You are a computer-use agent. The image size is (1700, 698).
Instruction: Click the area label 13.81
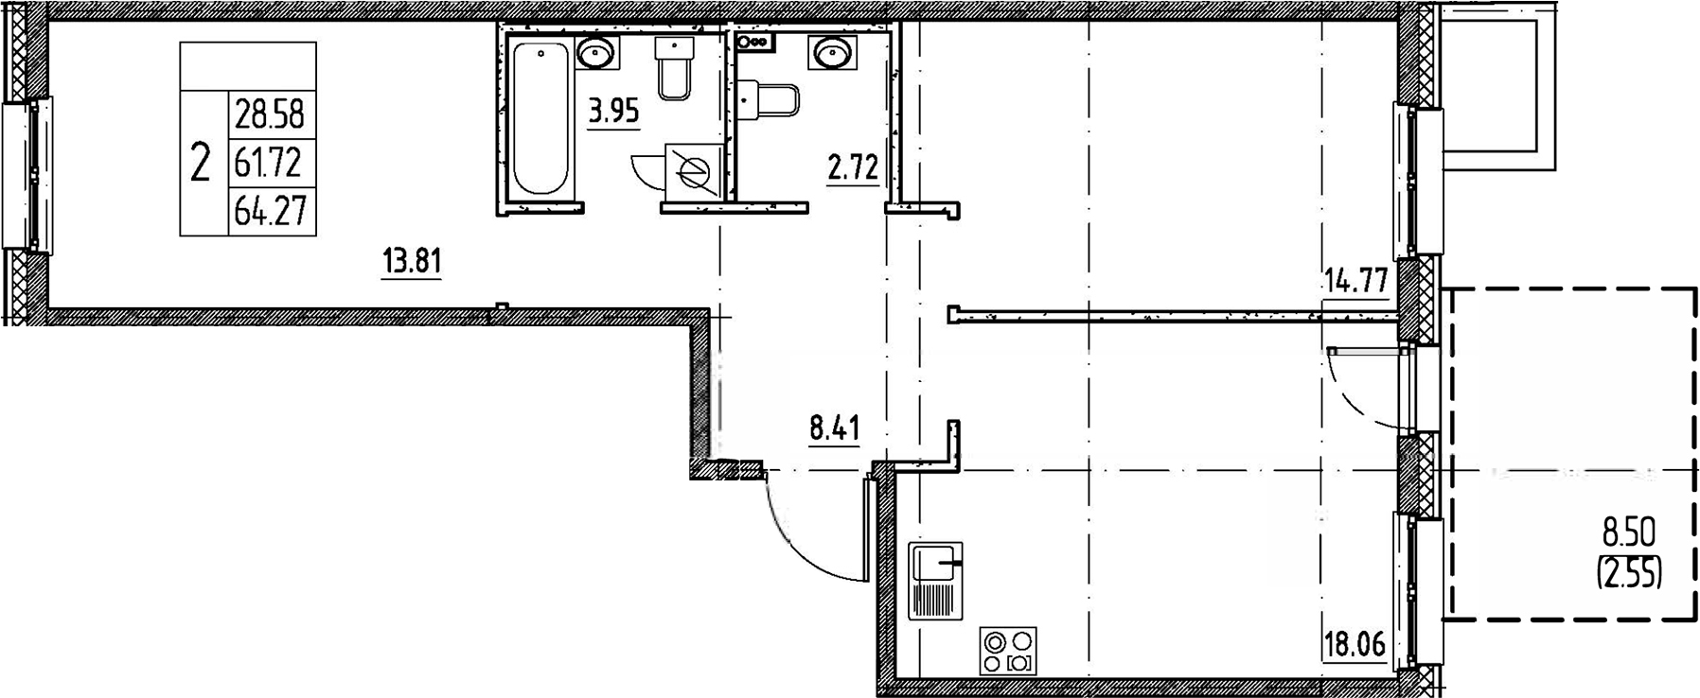point(412,260)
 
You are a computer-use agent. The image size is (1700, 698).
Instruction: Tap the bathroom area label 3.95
point(613,113)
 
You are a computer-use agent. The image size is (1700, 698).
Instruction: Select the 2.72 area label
point(853,169)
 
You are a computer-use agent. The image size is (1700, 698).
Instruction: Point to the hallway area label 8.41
point(834,429)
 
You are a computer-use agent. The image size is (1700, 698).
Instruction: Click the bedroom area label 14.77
point(1355,281)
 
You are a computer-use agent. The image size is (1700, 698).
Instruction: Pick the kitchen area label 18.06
point(1354,646)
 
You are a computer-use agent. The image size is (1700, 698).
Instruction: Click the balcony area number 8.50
point(1628,534)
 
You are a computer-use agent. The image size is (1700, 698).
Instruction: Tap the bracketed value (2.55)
point(1629,572)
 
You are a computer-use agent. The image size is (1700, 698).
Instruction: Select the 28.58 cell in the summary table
point(270,115)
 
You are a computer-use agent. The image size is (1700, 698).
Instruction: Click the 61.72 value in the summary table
point(270,164)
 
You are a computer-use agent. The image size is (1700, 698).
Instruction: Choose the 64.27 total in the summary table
point(270,211)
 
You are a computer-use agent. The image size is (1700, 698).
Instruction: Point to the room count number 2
point(200,164)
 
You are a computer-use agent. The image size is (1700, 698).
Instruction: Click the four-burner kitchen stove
point(1009,651)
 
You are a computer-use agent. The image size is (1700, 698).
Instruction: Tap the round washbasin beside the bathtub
point(595,53)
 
